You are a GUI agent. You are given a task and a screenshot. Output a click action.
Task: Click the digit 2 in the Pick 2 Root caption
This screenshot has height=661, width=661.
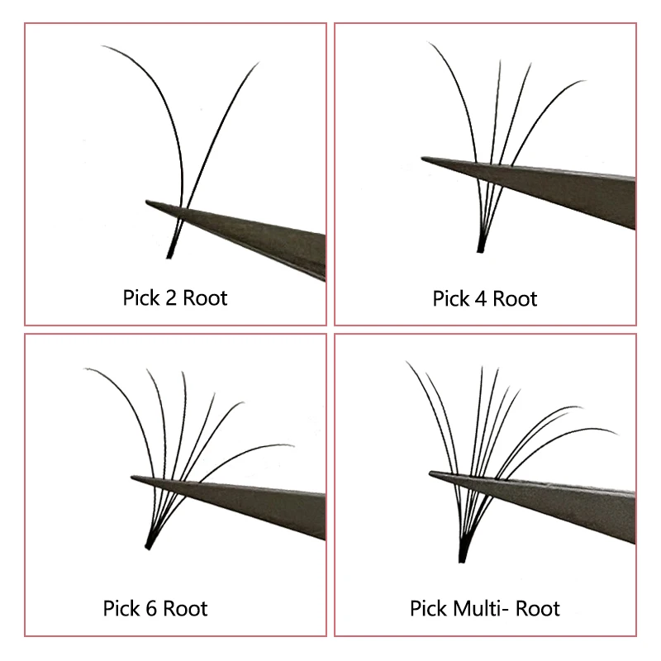(x=171, y=298)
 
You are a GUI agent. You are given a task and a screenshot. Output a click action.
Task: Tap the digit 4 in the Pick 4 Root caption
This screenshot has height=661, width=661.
(x=481, y=299)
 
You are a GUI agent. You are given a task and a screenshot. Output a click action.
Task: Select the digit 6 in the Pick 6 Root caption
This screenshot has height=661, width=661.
(x=151, y=608)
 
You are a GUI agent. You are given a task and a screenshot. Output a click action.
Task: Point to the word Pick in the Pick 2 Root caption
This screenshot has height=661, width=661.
(x=141, y=297)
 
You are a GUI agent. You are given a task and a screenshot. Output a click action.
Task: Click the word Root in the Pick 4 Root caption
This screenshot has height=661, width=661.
(x=515, y=299)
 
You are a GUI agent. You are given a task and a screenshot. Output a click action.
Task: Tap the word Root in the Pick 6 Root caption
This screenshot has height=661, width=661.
(x=185, y=608)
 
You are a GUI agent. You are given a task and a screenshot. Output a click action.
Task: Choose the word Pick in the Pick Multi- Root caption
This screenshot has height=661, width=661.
(x=428, y=608)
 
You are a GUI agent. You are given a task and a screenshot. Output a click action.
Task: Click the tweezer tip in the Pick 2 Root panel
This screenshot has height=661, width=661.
(x=147, y=202)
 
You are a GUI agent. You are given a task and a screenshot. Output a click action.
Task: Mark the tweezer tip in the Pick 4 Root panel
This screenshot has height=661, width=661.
(x=422, y=158)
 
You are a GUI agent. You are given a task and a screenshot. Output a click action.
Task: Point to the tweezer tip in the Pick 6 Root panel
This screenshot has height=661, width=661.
(x=131, y=478)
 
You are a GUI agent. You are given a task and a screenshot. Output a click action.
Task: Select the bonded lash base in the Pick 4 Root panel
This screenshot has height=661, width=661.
(x=481, y=245)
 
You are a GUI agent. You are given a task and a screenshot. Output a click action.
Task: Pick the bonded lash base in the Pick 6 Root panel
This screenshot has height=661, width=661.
(x=150, y=543)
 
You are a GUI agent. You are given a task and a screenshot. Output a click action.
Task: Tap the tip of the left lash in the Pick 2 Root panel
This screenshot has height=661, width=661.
(x=102, y=46)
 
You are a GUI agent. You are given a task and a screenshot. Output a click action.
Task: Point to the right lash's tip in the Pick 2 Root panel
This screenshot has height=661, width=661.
(x=259, y=63)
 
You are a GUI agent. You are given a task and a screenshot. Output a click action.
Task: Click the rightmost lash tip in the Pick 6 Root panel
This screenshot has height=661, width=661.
(x=294, y=445)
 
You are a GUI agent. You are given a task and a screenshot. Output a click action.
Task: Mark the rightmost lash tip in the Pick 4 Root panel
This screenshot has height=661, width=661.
(x=586, y=80)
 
